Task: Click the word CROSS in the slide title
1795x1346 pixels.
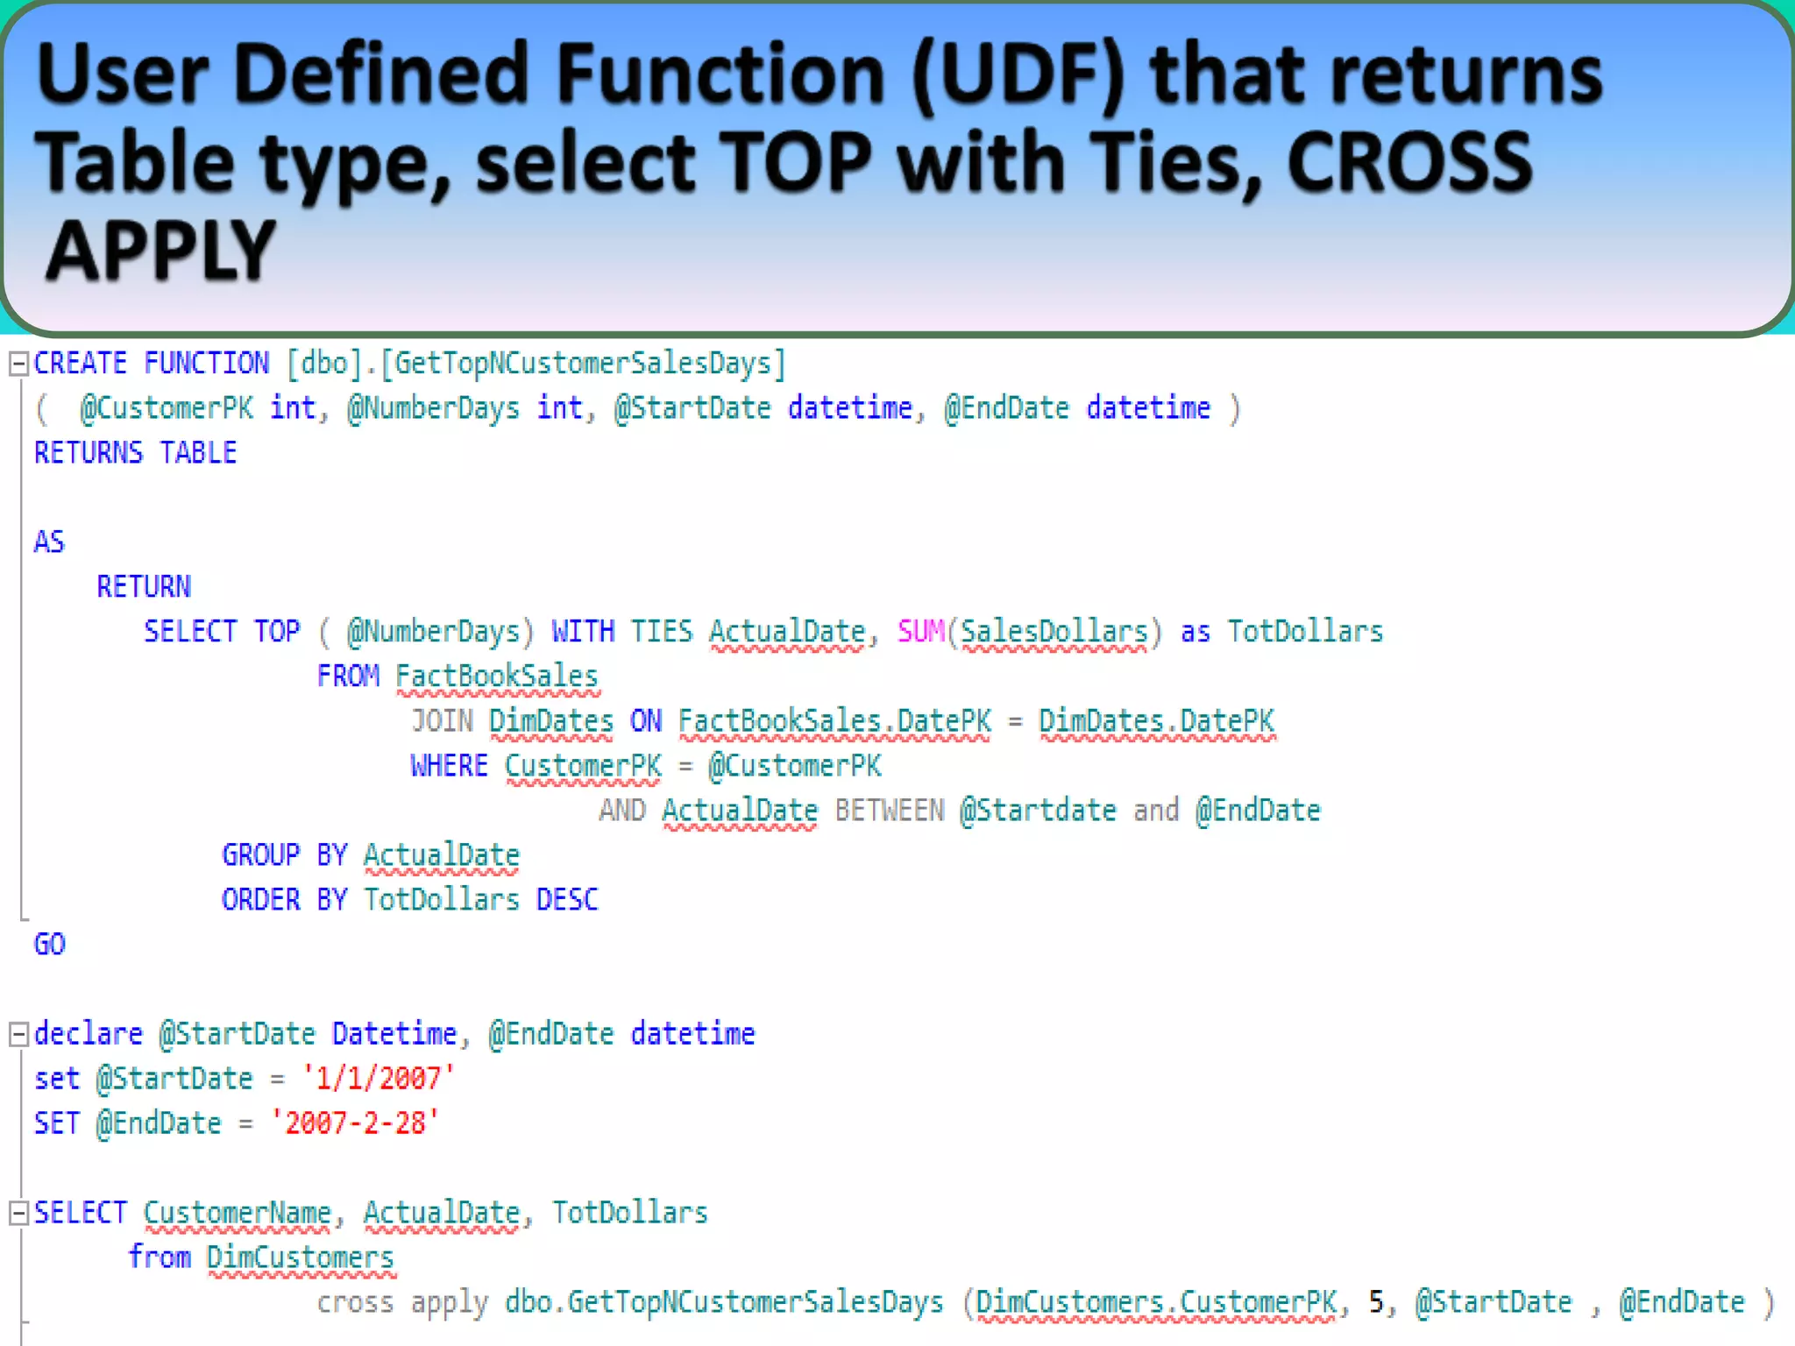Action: tap(1409, 163)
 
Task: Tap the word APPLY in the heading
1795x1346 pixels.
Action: tap(160, 251)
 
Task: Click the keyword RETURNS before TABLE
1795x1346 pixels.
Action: tap(88, 453)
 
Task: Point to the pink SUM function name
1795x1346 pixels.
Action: tap(920, 632)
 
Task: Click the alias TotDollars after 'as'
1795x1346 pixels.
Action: tap(1305, 632)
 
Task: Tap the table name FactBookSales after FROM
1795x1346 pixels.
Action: tap(497, 677)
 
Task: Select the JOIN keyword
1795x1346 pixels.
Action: tap(443, 721)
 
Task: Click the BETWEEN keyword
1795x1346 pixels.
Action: tap(889, 811)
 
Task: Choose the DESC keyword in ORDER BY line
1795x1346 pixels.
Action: tap(567, 900)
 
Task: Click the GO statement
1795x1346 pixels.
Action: tap(50, 945)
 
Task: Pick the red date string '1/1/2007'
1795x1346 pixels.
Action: tap(379, 1079)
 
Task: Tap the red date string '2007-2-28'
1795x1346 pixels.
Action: tap(355, 1123)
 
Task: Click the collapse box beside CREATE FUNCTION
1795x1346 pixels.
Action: tap(18, 364)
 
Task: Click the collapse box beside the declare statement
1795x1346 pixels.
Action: tap(18, 1035)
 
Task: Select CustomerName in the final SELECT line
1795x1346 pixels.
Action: tap(238, 1213)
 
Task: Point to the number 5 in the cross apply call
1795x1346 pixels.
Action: tap(1377, 1302)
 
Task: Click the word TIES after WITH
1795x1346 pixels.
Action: tap(662, 632)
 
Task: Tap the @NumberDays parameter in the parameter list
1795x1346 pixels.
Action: tap(433, 408)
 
